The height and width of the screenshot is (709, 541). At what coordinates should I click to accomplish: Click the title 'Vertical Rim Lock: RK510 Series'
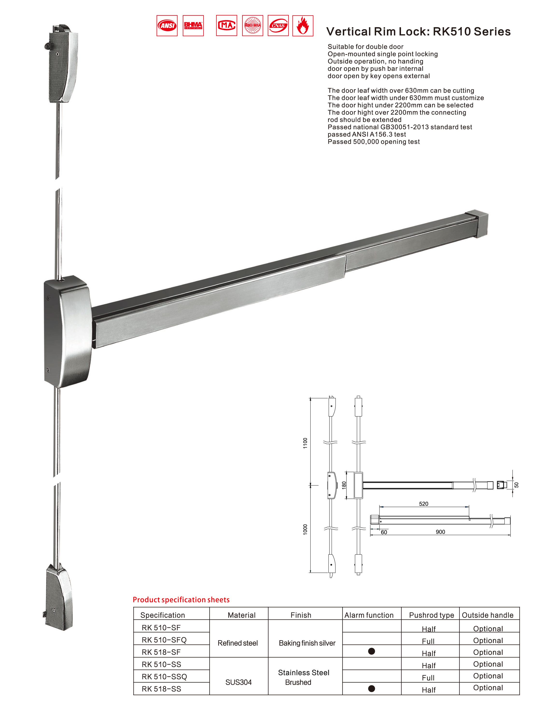[418, 32]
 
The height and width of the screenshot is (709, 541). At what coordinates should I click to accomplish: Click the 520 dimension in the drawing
[423, 504]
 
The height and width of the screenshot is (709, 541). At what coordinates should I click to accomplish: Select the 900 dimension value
[440, 532]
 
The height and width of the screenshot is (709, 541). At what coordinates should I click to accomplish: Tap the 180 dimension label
[344, 485]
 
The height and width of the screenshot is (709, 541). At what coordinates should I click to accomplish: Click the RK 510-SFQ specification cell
[164, 640]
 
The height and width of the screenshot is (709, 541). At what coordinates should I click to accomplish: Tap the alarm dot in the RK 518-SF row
[371, 651]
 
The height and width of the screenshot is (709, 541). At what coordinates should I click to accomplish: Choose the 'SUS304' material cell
[238, 682]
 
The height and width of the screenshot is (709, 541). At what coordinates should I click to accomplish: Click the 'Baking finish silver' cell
[307, 643]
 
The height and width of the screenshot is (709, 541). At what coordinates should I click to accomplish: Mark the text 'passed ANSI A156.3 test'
[366, 134]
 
